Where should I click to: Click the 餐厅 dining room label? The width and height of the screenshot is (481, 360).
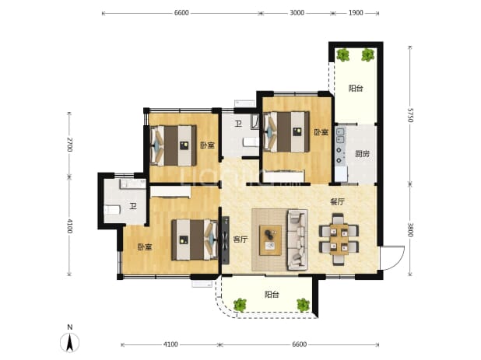pyautogui.click(x=337, y=202)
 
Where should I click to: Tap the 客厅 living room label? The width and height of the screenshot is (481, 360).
pyautogui.click(x=240, y=239)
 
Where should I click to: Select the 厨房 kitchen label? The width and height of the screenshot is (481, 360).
pyautogui.click(x=362, y=153)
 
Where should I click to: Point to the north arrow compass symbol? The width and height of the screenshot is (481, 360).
pyautogui.click(x=70, y=342)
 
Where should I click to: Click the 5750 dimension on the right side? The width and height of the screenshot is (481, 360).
pyautogui.click(x=410, y=114)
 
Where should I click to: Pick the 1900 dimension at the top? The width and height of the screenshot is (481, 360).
pyautogui.click(x=356, y=13)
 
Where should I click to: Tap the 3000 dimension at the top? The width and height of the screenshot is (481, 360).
pyautogui.click(x=297, y=13)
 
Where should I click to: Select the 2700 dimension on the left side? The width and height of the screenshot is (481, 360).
pyautogui.click(x=69, y=145)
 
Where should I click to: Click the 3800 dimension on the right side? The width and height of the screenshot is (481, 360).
pyautogui.click(x=410, y=229)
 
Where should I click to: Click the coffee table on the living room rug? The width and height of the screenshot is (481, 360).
pyautogui.click(x=270, y=240)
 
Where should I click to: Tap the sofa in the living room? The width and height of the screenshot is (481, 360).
pyautogui.click(x=297, y=239)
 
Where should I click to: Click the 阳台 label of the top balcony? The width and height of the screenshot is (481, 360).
pyautogui.click(x=356, y=89)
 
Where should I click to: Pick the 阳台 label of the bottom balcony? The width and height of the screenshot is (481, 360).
pyautogui.click(x=272, y=295)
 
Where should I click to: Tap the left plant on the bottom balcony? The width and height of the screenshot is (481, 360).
pyautogui.click(x=240, y=305)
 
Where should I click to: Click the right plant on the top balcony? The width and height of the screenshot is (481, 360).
pyautogui.click(x=367, y=55)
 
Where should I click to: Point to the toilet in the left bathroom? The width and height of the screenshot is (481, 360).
pyautogui.click(x=111, y=210)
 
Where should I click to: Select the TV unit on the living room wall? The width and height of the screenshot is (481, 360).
pyautogui.click(x=226, y=240)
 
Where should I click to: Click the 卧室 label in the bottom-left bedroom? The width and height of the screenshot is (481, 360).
pyautogui.click(x=145, y=247)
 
